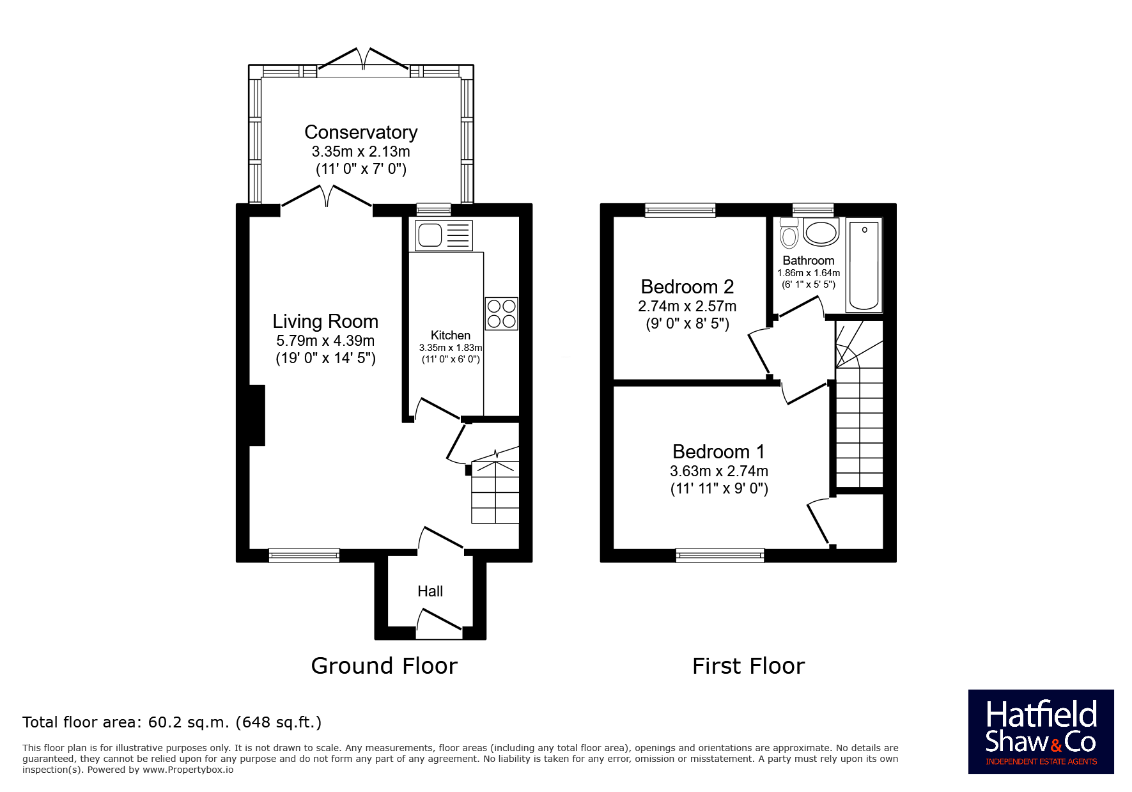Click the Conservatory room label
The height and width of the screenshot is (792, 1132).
pyautogui.click(x=361, y=132)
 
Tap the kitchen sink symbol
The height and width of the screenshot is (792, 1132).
pyautogui.click(x=444, y=235)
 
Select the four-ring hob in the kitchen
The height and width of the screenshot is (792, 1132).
pyautogui.click(x=501, y=314)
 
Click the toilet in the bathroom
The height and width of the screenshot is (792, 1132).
pyautogui.click(x=789, y=233)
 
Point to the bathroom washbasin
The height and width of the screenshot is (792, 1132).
pyautogui.click(x=821, y=232)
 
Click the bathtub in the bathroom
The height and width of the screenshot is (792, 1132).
pyautogui.click(x=864, y=265)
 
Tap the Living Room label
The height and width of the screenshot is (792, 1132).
pyautogui.click(x=325, y=321)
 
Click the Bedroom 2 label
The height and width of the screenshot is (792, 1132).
pyautogui.click(x=687, y=286)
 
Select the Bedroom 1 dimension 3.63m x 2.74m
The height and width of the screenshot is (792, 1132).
pyautogui.click(x=719, y=471)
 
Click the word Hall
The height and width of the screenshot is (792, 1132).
pyautogui.click(x=430, y=591)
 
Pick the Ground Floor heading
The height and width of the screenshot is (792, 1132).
pyautogui.click(x=384, y=666)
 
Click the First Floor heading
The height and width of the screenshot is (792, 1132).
pyautogui.click(x=748, y=666)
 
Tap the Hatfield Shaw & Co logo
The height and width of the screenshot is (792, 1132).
pyautogui.click(x=1041, y=732)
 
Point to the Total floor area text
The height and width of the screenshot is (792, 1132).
pyautogui.click(x=172, y=722)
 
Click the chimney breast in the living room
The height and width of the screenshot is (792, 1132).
pyautogui.click(x=257, y=415)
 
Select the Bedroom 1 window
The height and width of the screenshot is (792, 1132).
pyautogui.click(x=720, y=555)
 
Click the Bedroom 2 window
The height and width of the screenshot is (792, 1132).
pyautogui.click(x=680, y=210)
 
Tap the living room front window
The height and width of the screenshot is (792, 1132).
pyautogui.click(x=304, y=555)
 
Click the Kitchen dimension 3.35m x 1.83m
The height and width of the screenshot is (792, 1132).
pyautogui.click(x=451, y=348)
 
